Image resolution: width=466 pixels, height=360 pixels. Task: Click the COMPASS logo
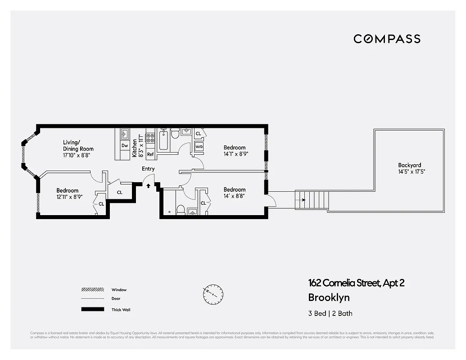pos(387,39)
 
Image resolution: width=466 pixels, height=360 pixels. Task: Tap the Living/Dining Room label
pos(78,145)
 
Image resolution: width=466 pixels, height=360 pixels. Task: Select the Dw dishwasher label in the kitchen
pos(125,145)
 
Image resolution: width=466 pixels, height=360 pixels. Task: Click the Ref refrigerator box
pos(150,154)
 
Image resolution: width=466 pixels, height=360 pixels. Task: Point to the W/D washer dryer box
pos(199,146)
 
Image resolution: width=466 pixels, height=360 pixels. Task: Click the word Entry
pos(148,169)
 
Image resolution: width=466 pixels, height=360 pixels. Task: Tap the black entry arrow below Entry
pos(148,185)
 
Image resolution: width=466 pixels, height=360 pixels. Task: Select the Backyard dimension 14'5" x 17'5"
pos(412,172)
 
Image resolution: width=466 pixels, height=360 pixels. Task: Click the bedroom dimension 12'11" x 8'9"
pos(67,197)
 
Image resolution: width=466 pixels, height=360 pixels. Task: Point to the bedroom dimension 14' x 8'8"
pos(235,196)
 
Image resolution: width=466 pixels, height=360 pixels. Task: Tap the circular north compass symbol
pos(212,294)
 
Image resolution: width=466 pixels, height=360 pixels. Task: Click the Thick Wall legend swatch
pos(92,309)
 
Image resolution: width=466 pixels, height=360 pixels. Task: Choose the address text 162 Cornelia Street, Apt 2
pos(356,283)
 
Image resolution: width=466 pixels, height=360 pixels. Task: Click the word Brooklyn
pos(329,297)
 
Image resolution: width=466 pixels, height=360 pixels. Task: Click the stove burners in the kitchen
pos(150,138)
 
